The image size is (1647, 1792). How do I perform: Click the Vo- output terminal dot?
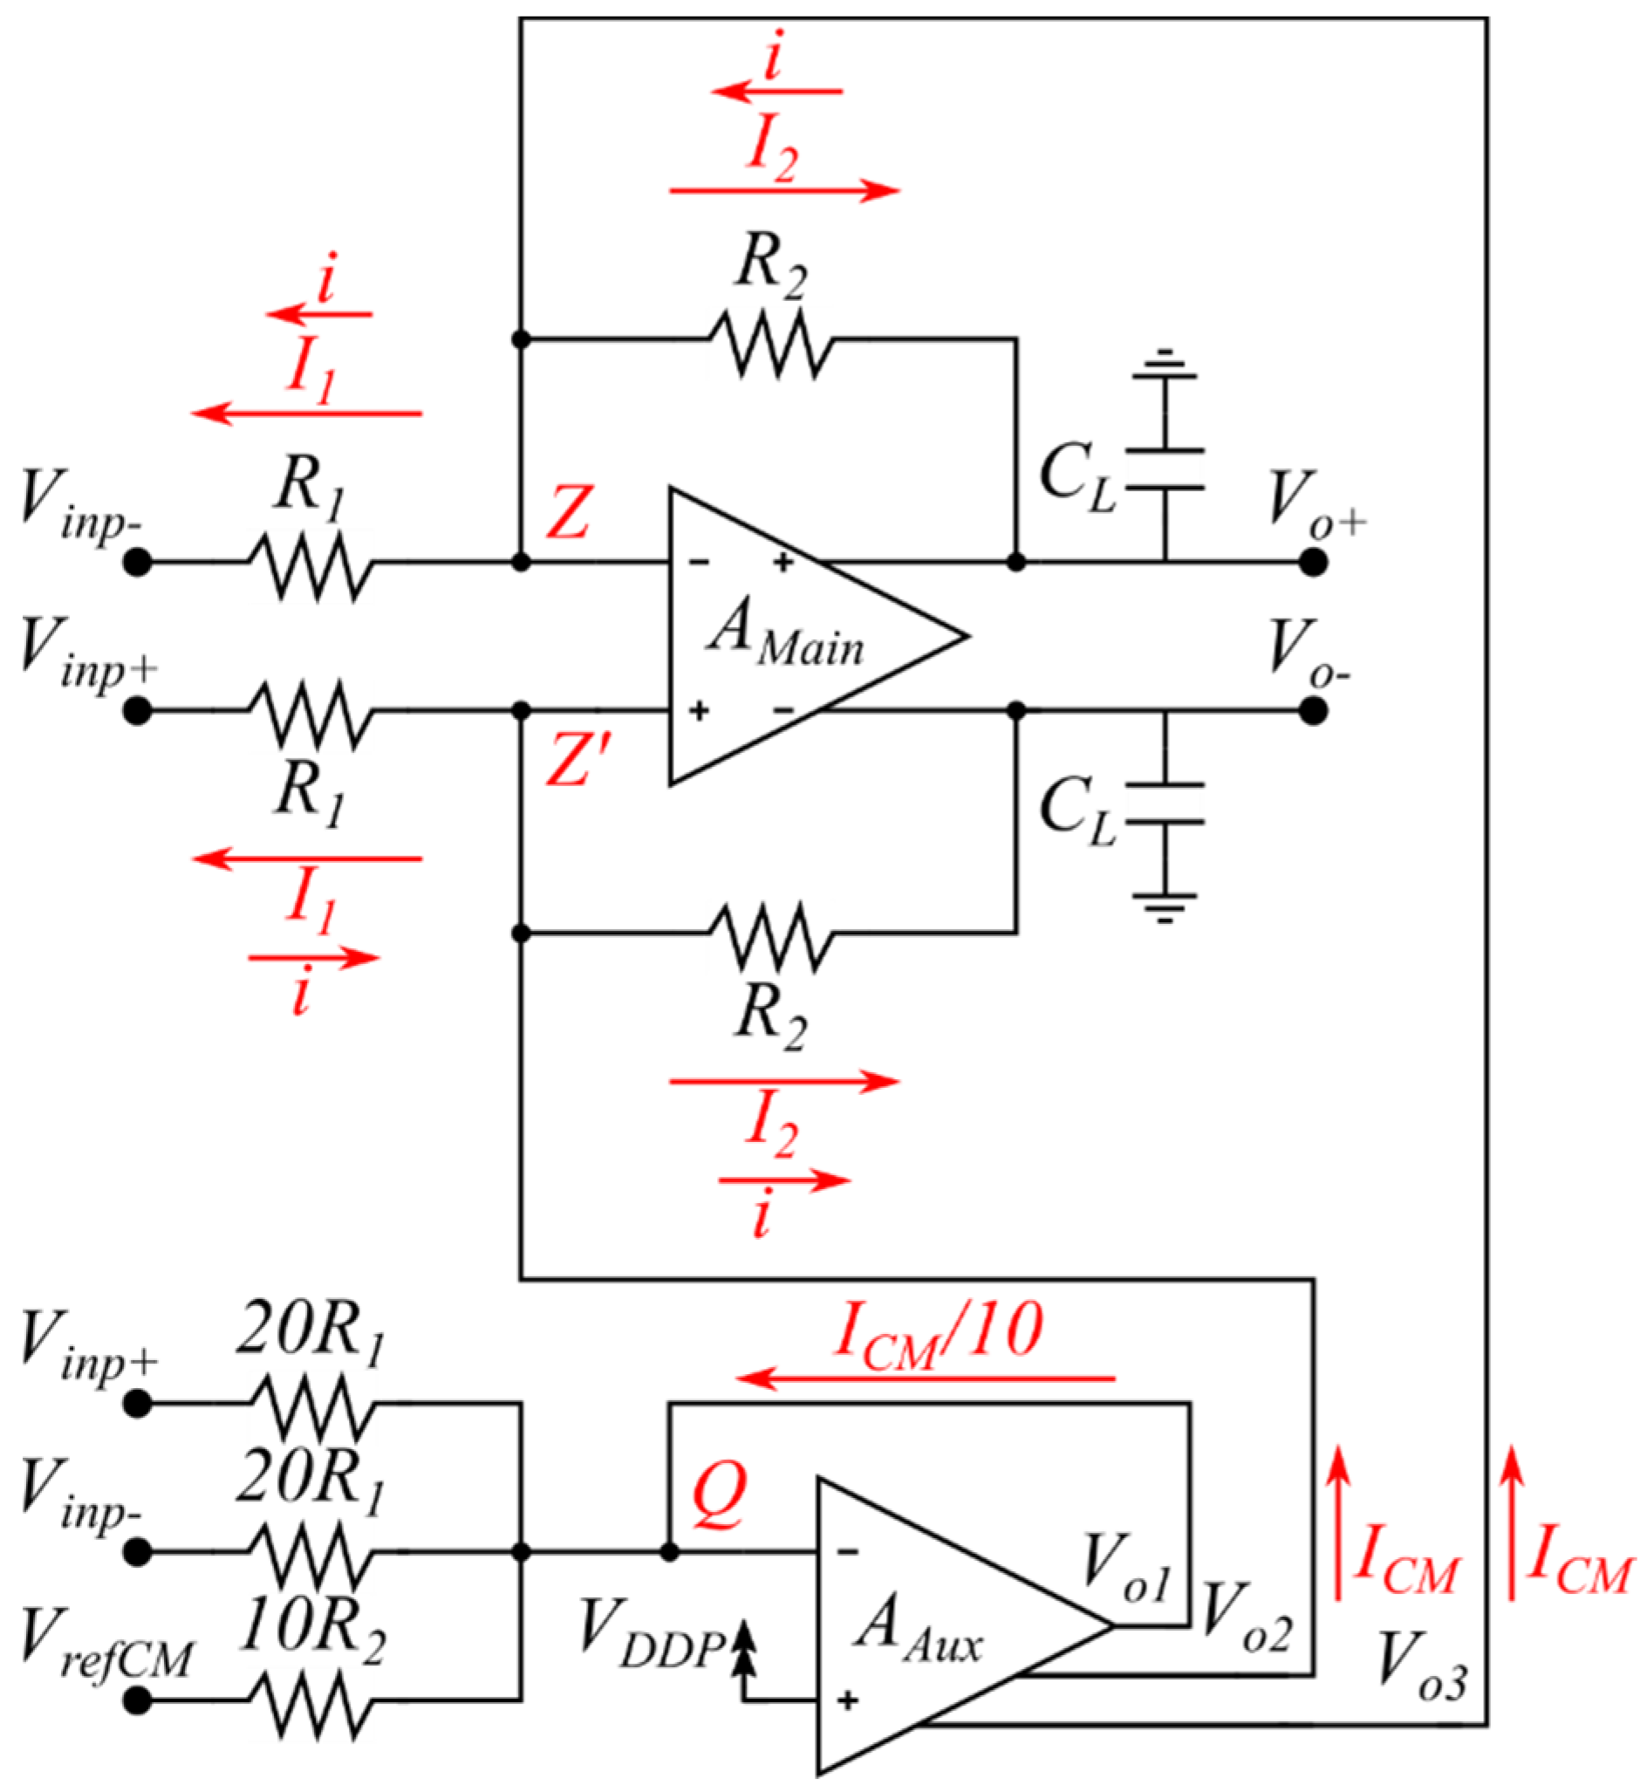click(1313, 711)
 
